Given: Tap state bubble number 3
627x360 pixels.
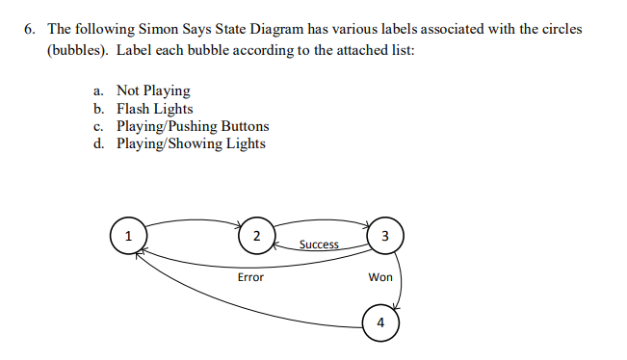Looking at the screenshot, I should (384, 237).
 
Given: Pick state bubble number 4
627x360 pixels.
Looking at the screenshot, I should (380, 321).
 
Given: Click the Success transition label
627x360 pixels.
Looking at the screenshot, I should (319, 244).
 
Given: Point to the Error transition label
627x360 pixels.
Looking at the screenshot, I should (250, 277).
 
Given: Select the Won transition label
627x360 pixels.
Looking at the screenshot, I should (380, 277).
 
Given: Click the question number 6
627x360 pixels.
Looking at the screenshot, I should (31, 29).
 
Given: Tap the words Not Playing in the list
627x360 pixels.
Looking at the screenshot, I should (153, 90).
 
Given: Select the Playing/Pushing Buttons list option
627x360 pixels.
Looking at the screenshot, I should (193, 126).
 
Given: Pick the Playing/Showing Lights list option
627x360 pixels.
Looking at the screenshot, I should (191, 144).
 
